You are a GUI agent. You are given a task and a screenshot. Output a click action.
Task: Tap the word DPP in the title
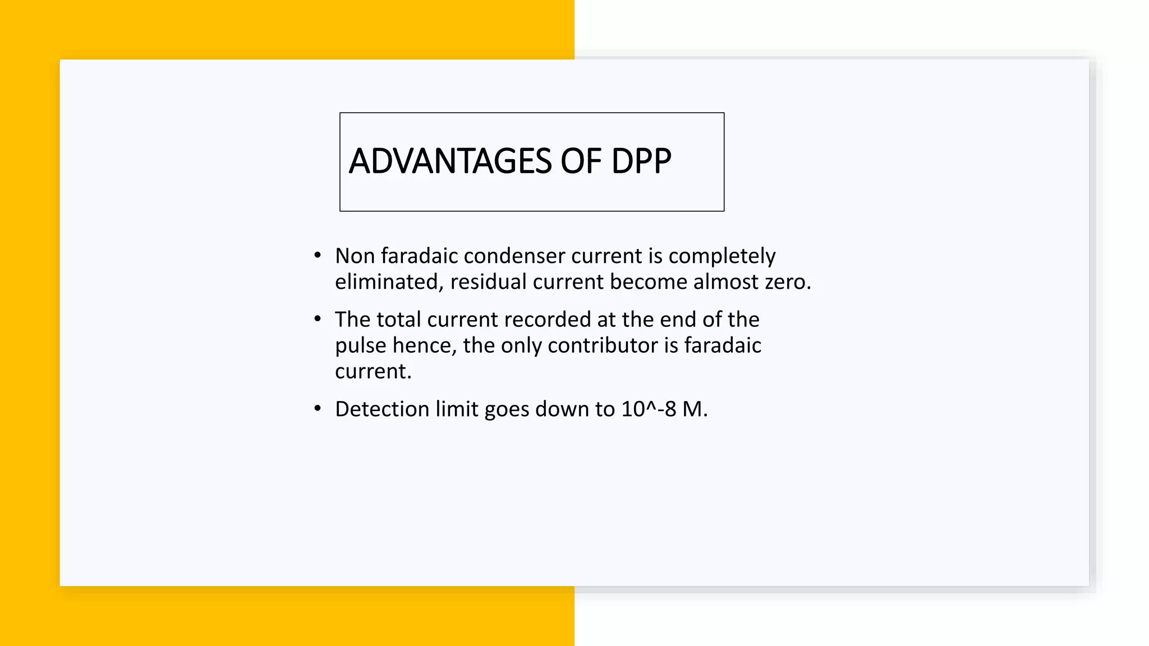641,161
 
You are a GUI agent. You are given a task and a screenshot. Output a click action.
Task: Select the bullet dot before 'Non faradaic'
318,256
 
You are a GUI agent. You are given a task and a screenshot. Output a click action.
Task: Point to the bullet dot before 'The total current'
318,319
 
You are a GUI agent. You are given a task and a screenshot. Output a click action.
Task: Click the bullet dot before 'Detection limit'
318,409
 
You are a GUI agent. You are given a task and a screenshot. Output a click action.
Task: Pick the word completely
721,257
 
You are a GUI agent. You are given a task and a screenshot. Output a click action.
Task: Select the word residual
488,282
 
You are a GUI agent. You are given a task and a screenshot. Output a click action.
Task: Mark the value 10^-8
648,409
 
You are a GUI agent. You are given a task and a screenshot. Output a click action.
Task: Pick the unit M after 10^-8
692,409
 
